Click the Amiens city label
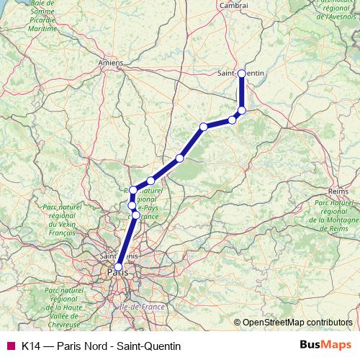tap(111, 63)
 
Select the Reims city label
tap(338, 192)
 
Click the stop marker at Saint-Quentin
tap(242, 73)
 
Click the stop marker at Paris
tap(119, 266)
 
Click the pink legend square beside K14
tap(10, 346)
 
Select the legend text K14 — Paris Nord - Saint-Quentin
tap(101, 346)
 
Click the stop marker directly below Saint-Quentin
tap(242, 110)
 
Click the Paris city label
tap(115, 274)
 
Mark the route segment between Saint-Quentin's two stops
tap(242, 92)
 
